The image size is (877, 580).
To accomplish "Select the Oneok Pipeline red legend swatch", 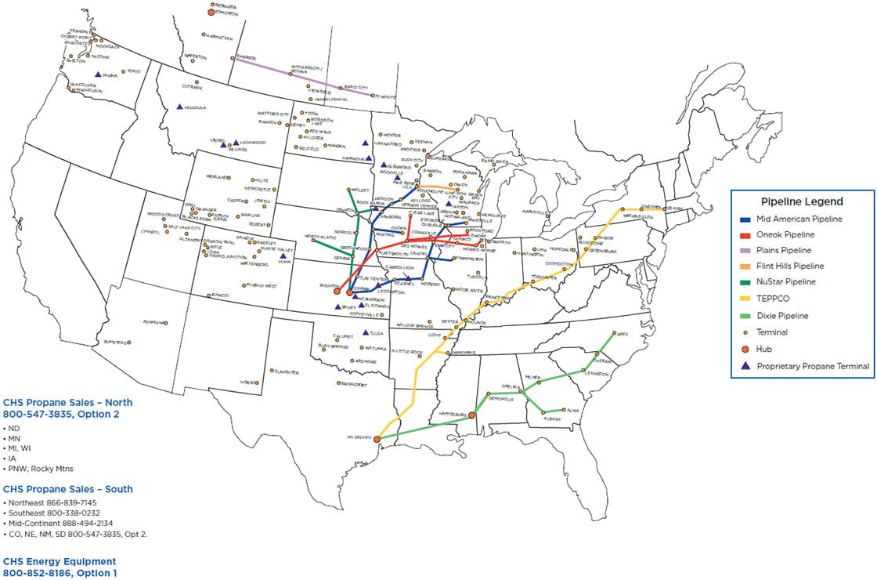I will [x=745, y=235].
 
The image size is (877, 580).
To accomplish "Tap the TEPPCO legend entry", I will [x=776, y=299].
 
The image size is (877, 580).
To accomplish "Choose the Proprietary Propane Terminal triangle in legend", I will [x=745, y=366].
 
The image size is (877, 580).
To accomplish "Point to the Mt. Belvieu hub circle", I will [x=377, y=439].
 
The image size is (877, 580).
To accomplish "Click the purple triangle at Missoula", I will [x=179, y=107].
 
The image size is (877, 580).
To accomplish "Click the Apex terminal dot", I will [x=615, y=333].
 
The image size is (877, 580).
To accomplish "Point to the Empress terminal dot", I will [x=233, y=57].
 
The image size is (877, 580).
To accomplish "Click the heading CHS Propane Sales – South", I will [x=68, y=489].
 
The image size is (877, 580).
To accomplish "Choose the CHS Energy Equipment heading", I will [x=60, y=561].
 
